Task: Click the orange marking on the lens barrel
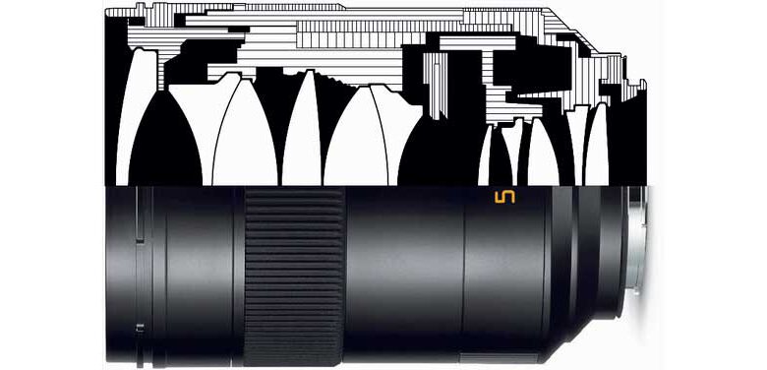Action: click(x=505, y=197)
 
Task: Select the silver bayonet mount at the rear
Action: click(x=638, y=240)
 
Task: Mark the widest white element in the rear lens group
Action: click(x=543, y=152)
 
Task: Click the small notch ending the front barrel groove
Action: click(x=140, y=239)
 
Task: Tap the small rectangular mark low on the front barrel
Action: click(x=140, y=328)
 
